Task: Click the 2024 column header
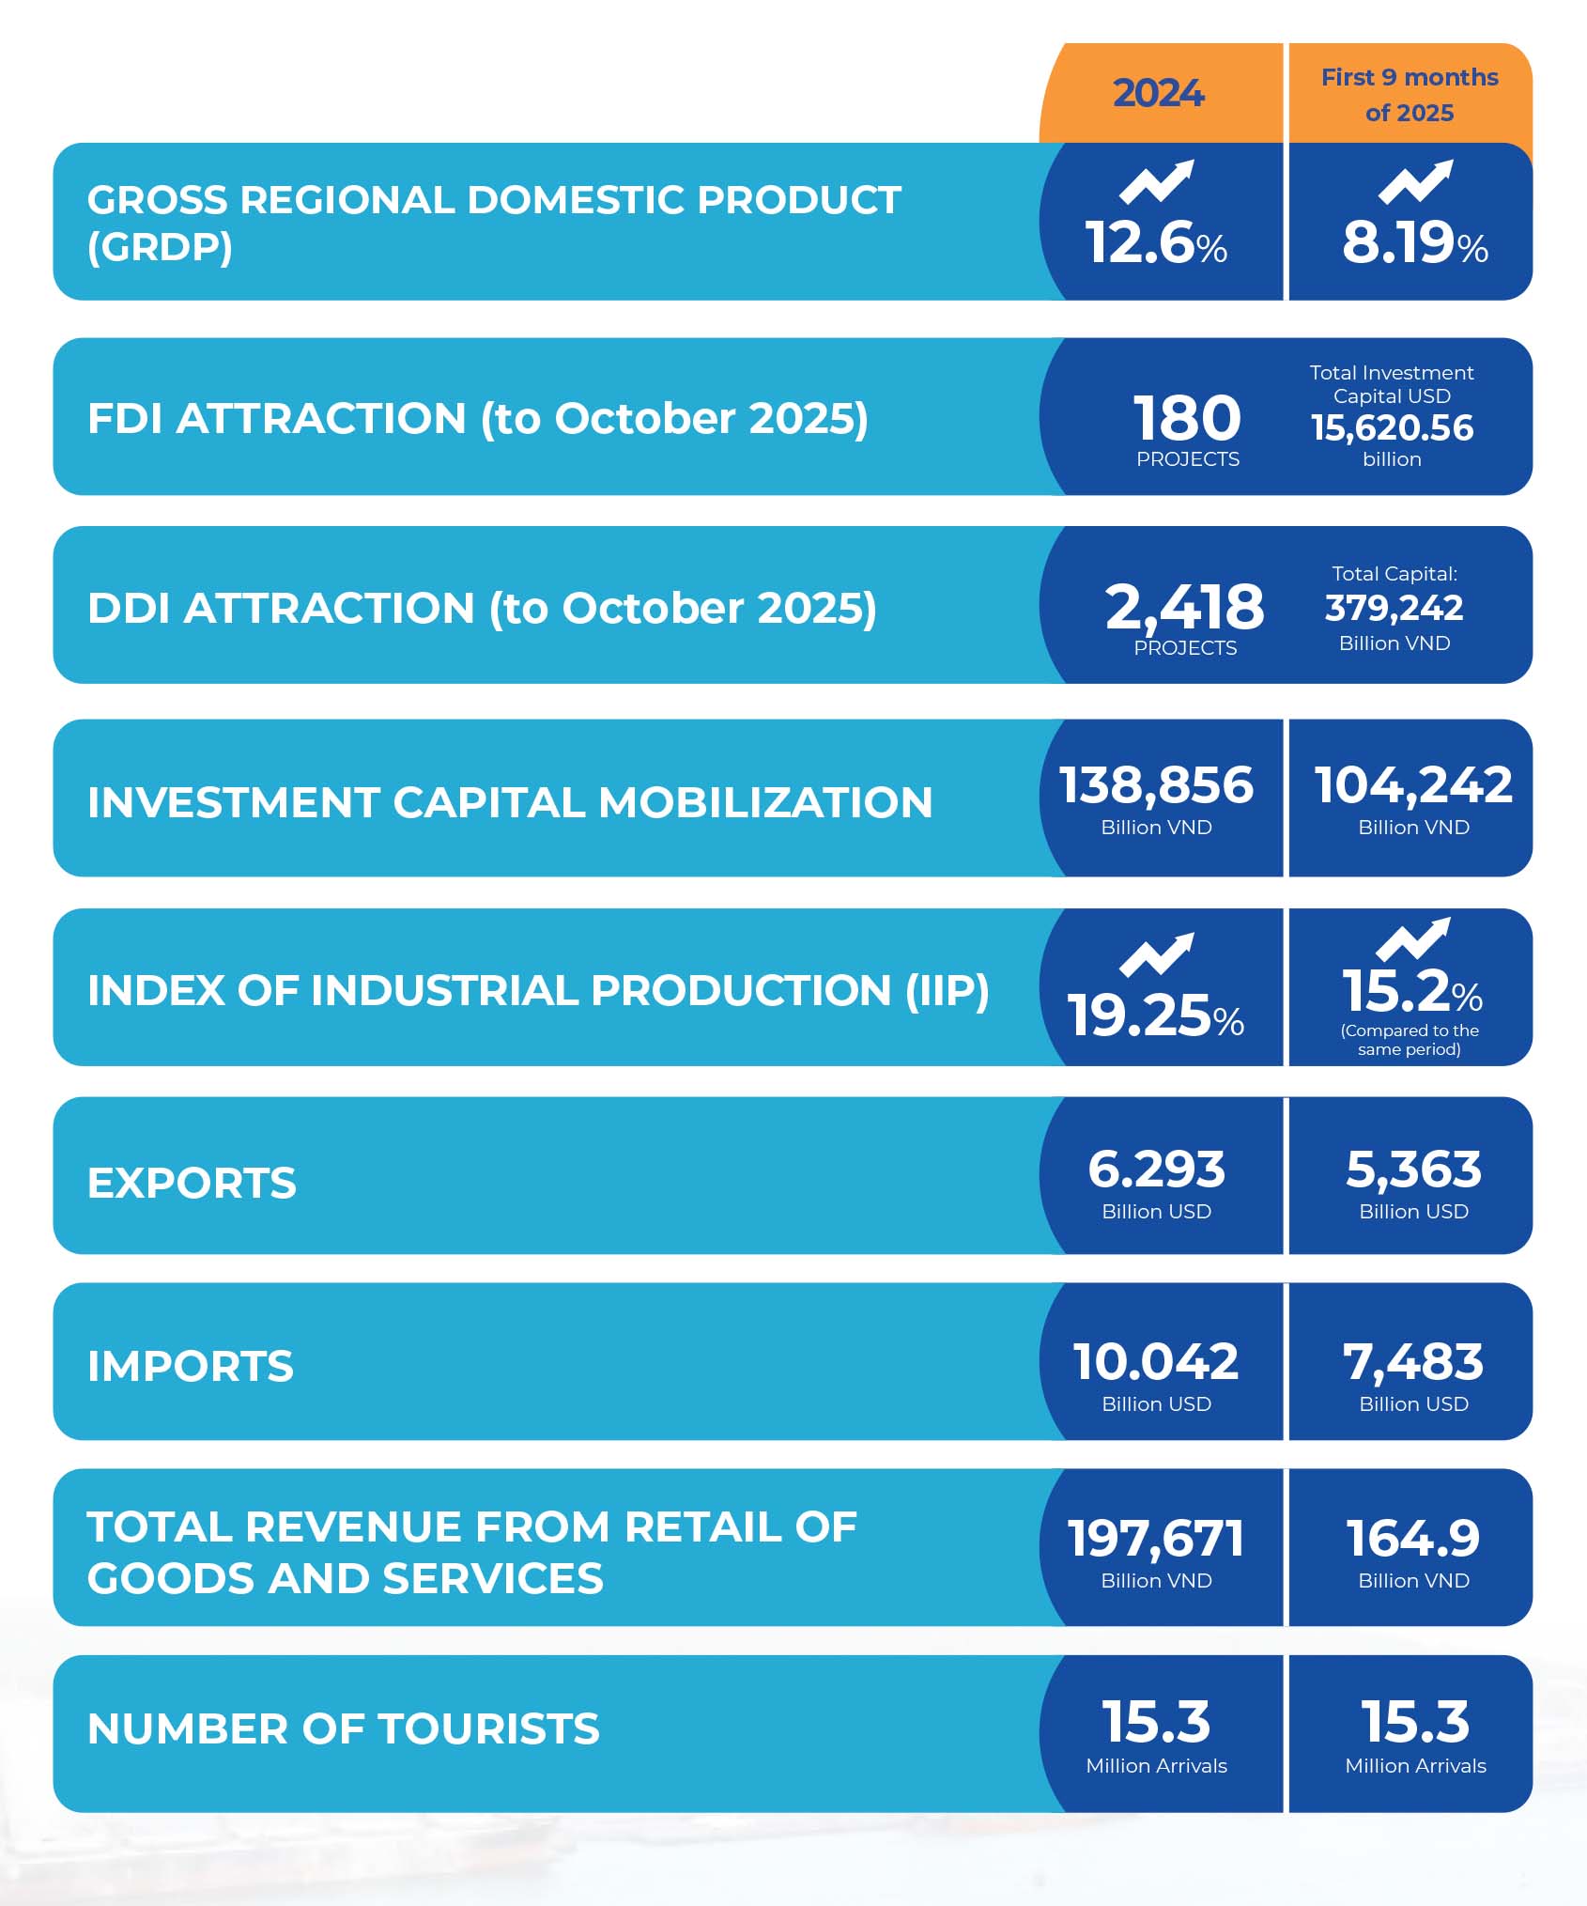click(x=1159, y=93)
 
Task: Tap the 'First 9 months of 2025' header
click(x=1409, y=94)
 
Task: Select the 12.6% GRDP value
click(x=1156, y=243)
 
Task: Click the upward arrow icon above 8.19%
click(x=1415, y=181)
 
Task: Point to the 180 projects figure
click(x=1187, y=418)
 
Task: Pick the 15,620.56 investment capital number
click(x=1392, y=428)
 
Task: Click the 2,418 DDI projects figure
click(x=1184, y=607)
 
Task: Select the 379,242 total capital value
click(x=1394, y=608)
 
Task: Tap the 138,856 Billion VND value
click(x=1156, y=785)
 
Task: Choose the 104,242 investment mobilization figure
click(x=1413, y=785)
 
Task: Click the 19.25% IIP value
click(x=1156, y=1016)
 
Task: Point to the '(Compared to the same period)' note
click(x=1409, y=1040)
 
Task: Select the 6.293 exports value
click(x=1156, y=1170)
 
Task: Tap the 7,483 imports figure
click(x=1413, y=1362)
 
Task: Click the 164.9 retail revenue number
click(x=1413, y=1539)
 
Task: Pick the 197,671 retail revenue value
click(x=1156, y=1539)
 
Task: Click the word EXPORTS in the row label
click(x=192, y=1183)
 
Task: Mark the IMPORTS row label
click(x=191, y=1366)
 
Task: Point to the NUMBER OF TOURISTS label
click(x=343, y=1729)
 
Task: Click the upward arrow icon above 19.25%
click(x=1157, y=954)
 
